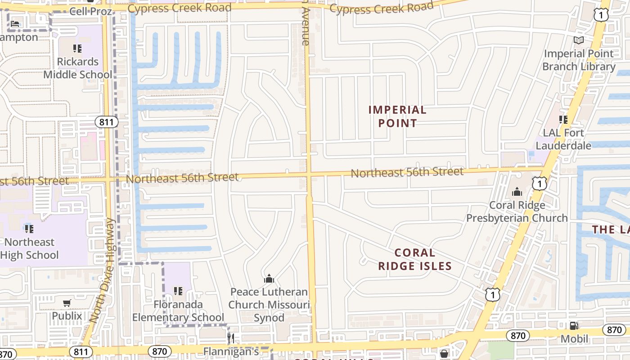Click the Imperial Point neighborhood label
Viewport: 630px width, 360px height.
pos(397,116)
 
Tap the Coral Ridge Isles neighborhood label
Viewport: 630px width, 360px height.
pos(414,259)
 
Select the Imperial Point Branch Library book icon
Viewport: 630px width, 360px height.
pos(579,40)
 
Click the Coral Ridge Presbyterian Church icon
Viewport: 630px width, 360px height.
pos(517,192)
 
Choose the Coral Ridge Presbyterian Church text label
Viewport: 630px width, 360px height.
pos(517,211)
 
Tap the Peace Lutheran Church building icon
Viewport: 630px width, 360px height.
pos(269,279)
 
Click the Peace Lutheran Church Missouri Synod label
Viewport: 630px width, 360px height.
pos(269,305)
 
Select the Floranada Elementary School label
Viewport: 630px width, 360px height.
pos(178,311)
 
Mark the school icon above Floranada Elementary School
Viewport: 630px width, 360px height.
pos(178,291)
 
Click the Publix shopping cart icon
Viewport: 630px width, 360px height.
pos(67,303)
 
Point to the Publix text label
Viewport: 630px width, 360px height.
pos(67,316)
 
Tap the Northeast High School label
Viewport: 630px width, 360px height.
pos(30,248)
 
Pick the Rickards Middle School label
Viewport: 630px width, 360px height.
pos(78,68)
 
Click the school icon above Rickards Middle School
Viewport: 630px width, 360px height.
pos(77,48)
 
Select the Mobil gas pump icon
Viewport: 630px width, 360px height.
pos(574,326)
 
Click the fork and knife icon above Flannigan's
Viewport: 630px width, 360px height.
pos(231,337)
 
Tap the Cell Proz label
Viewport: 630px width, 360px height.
pos(90,11)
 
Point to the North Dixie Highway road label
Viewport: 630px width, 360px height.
pos(103,270)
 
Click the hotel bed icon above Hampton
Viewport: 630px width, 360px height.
pos(15,23)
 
